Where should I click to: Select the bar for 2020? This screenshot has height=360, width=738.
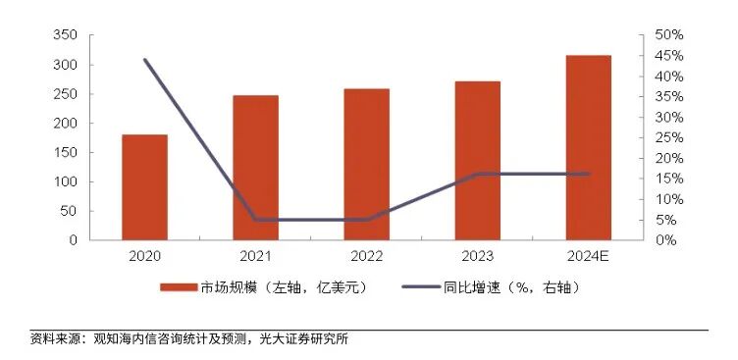144,186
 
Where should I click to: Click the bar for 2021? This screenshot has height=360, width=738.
255,167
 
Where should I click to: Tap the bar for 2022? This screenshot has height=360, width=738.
366,164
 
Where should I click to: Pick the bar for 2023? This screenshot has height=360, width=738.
477,160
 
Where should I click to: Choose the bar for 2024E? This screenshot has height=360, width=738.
589,147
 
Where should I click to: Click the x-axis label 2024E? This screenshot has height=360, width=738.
589,257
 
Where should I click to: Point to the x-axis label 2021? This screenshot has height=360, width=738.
255,257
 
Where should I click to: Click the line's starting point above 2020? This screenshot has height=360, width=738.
144,60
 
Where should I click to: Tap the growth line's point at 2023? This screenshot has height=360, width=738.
477,174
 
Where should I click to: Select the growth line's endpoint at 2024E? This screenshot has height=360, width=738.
589,174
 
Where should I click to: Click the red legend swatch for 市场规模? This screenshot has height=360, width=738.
180,287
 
